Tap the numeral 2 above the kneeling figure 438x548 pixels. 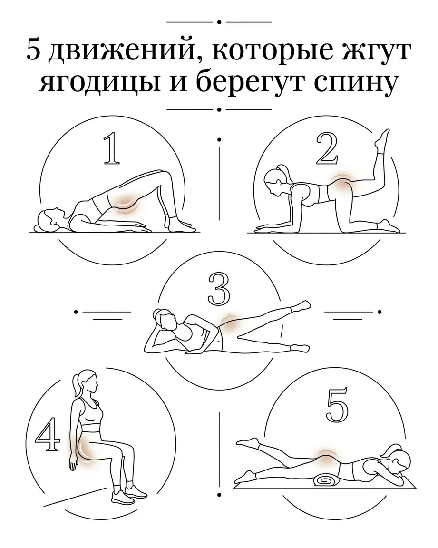pyautogui.click(x=327, y=149)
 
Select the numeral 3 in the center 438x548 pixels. pyautogui.click(x=219, y=289)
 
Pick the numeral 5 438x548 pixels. pyautogui.click(x=337, y=405)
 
